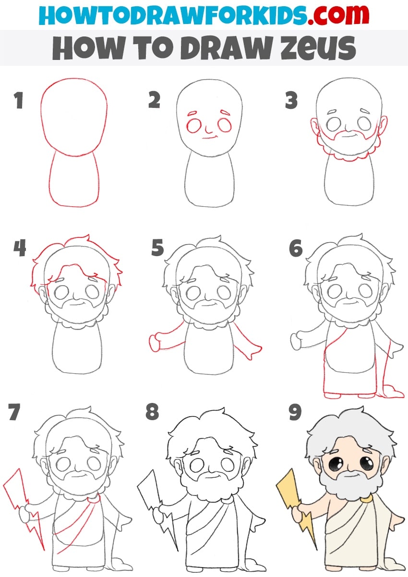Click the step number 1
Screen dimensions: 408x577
[19, 100]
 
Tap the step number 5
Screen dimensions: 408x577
[157, 247]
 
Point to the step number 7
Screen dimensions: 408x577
[14, 412]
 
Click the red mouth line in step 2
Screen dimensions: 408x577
[209, 138]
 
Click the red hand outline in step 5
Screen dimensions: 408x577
[155, 343]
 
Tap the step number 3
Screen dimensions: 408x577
[291, 100]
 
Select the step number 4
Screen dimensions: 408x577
[20, 247]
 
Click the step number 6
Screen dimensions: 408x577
[295, 247]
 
